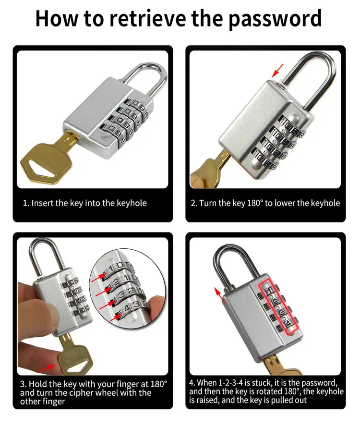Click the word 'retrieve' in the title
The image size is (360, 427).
[x=147, y=18]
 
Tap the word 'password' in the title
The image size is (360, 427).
[x=275, y=19]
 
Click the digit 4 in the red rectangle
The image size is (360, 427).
[x=288, y=324]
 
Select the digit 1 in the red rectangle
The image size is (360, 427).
[x=270, y=291]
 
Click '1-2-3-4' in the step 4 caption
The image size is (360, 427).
[x=231, y=383]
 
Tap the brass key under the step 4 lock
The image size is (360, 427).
[x=283, y=368]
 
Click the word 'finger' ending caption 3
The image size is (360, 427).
[x=53, y=402]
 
